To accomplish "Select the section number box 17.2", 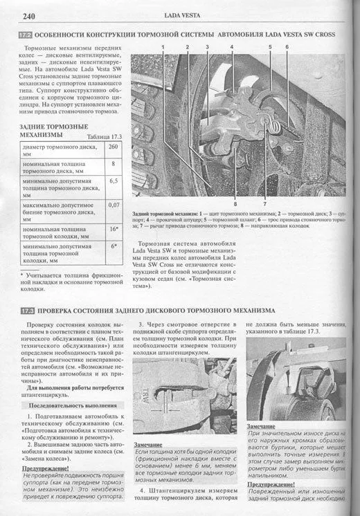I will click(x=25, y=33).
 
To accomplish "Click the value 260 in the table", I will click(x=113, y=147).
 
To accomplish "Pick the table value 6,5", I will click(x=113, y=181).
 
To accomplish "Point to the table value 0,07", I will click(x=113, y=205).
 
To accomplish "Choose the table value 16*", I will click(x=113, y=228).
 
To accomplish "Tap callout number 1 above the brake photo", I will click(x=163, y=46).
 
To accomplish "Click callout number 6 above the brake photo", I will click(x=286, y=46).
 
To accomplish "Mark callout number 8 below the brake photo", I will click(x=235, y=205).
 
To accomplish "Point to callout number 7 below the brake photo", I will click(x=264, y=205).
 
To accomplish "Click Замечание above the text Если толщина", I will click(x=147, y=445).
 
